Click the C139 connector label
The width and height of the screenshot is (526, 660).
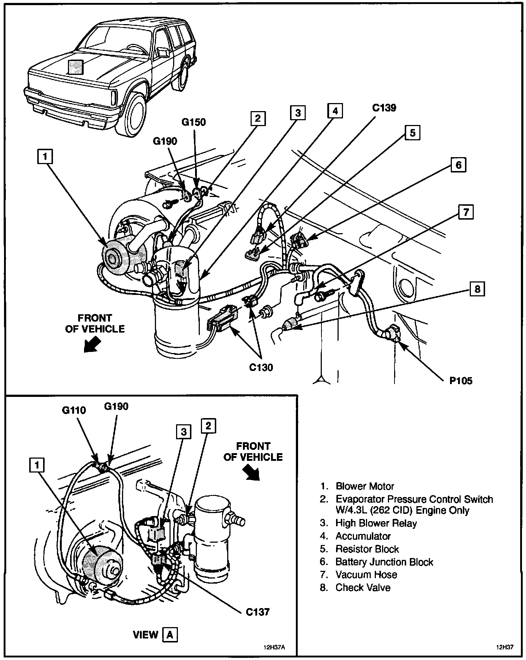coord(384,108)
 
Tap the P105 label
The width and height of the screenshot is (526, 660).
coord(461,381)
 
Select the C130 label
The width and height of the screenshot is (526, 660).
coord(261,367)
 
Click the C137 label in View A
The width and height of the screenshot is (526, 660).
coord(258,611)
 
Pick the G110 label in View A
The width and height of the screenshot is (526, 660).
coord(74,410)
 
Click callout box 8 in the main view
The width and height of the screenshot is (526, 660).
coord(477,289)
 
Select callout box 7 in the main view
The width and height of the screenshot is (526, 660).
coord(466,212)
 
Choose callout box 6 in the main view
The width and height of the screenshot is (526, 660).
coord(458,165)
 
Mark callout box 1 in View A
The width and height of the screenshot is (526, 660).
coord(36,465)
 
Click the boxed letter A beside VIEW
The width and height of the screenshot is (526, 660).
coord(170,634)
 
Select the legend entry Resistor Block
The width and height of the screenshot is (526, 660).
coord(367,549)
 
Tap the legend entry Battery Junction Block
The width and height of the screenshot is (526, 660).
coord(384,562)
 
